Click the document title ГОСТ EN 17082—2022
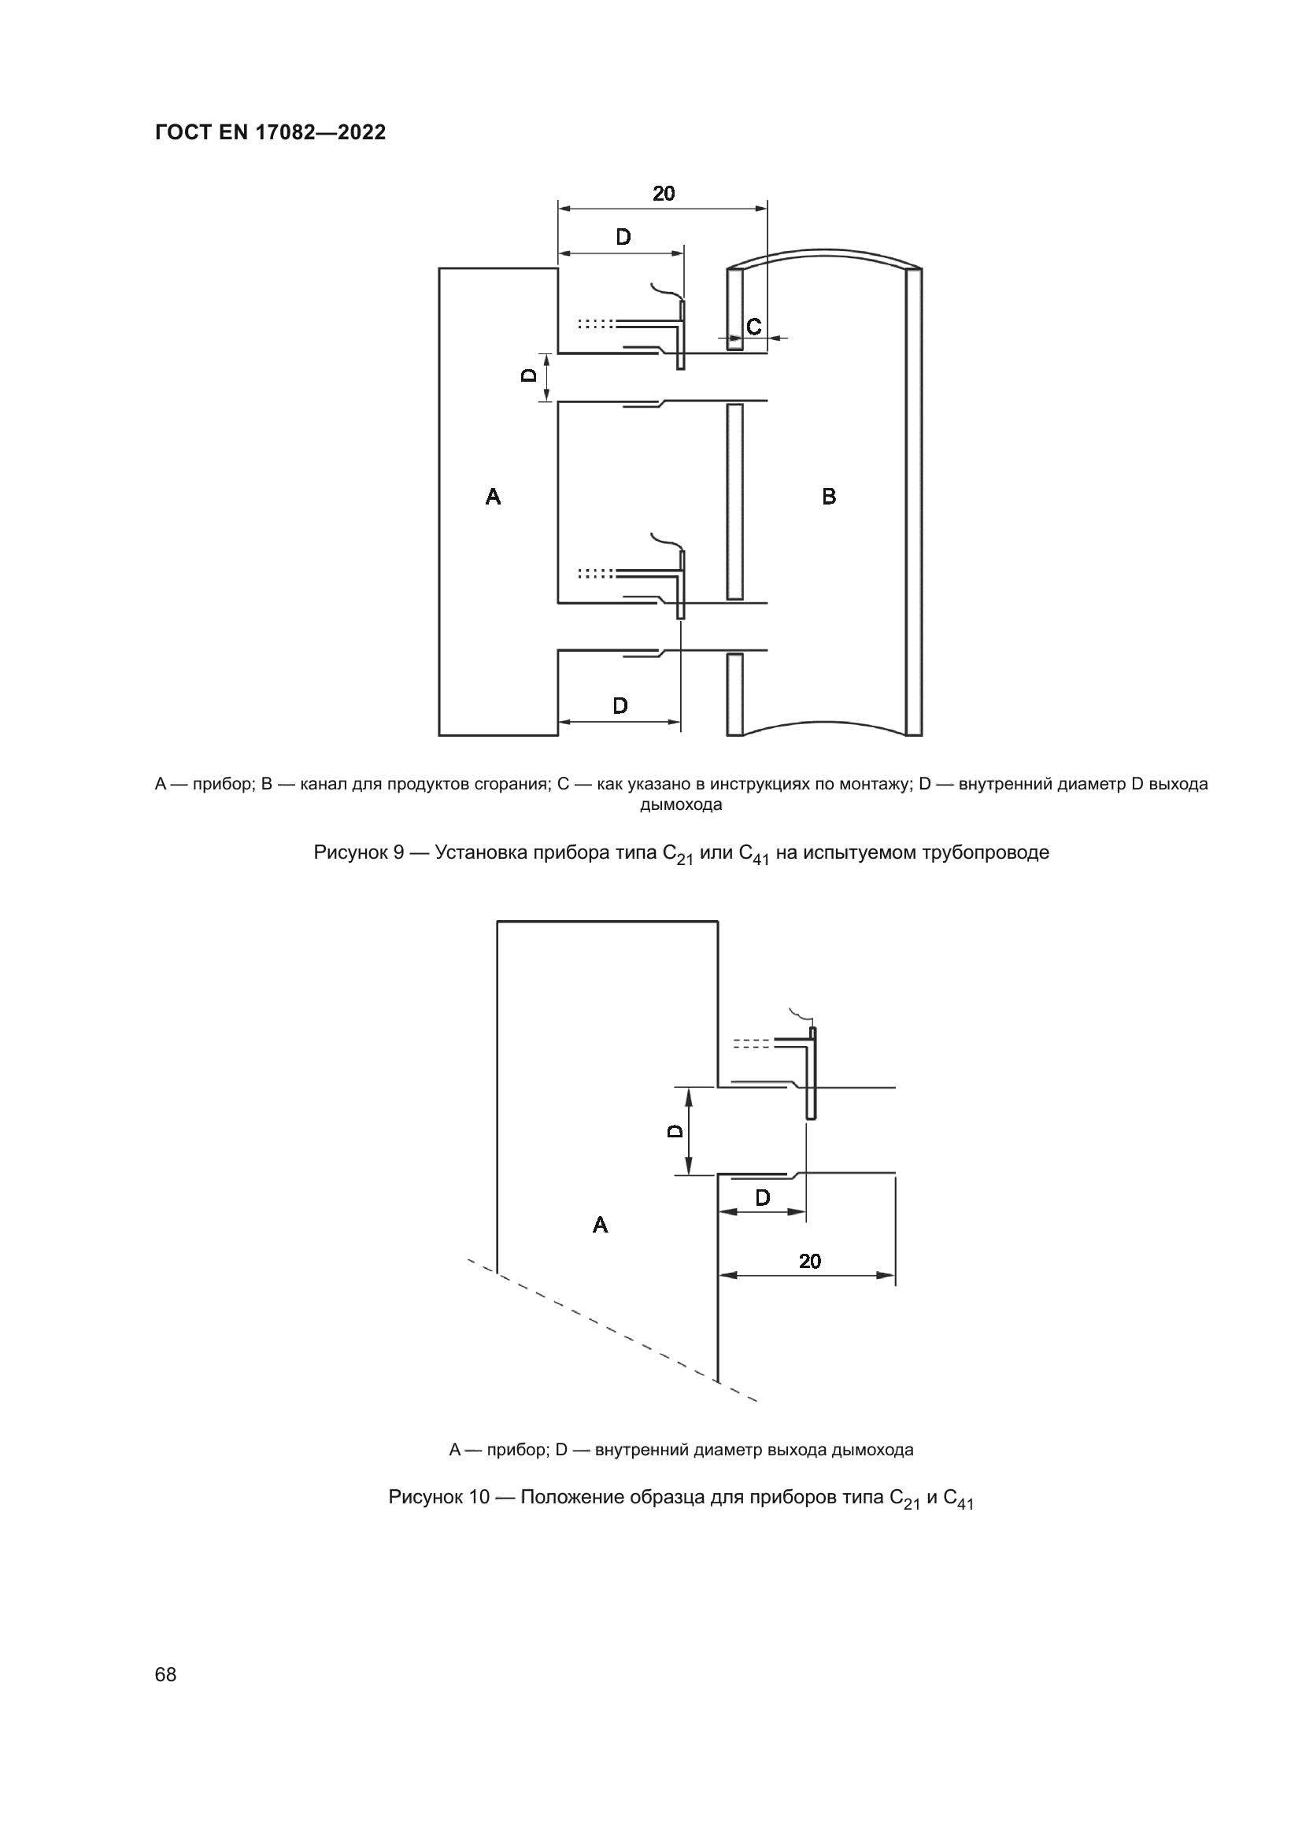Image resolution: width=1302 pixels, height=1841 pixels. click(x=270, y=132)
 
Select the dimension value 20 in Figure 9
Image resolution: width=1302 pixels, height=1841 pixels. click(x=663, y=194)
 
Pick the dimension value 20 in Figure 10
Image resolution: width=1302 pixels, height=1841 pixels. click(x=810, y=1261)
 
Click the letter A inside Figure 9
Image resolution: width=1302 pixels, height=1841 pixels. click(x=493, y=497)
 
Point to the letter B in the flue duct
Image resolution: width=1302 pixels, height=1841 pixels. click(x=829, y=497)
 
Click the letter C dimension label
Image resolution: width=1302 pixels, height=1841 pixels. click(x=753, y=327)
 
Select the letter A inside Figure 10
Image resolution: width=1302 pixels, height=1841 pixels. click(x=600, y=1225)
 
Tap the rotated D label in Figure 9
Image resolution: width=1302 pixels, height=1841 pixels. click(x=529, y=375)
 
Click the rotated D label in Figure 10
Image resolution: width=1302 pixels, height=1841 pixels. click(x=676, y=1130)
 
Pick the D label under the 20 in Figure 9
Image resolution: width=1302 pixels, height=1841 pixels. click(x=623, y=238)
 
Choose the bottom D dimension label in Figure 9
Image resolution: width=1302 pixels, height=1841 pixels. click(x=620, y=705)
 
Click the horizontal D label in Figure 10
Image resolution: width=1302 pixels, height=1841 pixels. click(x=763, y=1198)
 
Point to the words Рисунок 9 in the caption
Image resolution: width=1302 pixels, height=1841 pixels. click(x=358, y=852)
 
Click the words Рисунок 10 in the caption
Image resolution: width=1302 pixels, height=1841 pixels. click(x=438, y=1497)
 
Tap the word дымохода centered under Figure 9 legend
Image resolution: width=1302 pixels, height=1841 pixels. click(x=681, y=805)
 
